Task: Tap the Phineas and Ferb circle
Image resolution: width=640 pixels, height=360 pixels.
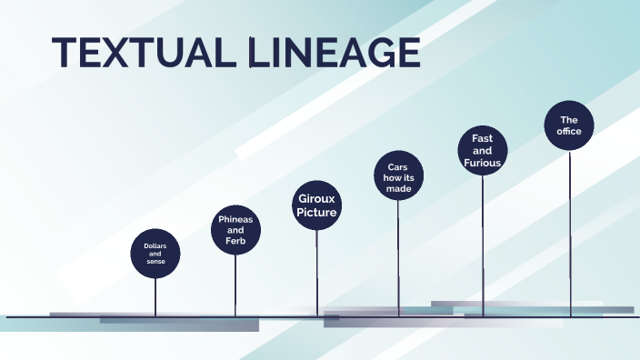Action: (235, 230)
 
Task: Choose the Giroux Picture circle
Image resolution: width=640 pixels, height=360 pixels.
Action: (316, 205)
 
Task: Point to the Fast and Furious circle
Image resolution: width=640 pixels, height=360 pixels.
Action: (482, 151)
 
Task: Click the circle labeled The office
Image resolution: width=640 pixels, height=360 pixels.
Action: (569, 125)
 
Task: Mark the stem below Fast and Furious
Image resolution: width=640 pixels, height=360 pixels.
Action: (483, 245)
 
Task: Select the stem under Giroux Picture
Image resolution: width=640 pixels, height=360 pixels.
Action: (317, 272)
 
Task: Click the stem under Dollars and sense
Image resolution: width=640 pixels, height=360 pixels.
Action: (155, 296)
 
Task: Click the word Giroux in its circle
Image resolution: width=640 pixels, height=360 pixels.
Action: (316, 197)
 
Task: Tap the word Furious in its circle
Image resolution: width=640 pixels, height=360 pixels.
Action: (482, 164)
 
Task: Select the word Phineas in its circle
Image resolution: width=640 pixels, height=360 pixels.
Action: (235, 219)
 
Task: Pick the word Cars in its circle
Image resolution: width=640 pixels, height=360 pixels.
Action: (397, 166)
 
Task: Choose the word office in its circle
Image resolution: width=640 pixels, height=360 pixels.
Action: (569, 132)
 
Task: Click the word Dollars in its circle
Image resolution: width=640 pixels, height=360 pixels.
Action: (155, 245)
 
